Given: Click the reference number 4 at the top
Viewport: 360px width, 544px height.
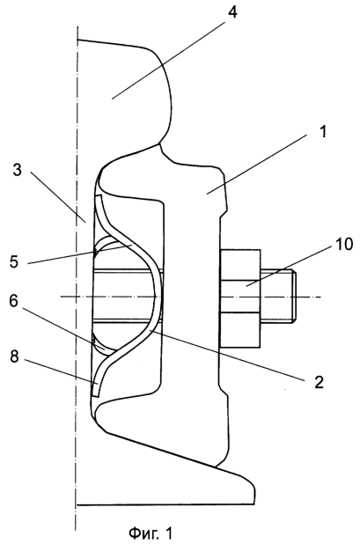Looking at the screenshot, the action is tap(232, 12).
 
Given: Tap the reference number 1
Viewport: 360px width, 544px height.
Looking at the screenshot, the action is tap(323, 131).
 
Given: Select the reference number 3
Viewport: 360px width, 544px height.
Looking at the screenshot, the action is tap(18, 171).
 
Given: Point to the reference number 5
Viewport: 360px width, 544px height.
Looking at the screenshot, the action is tap(14, 261).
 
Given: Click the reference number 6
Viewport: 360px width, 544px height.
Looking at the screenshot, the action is tap(14, 301).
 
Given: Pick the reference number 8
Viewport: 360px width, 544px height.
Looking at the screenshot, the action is tap(14, 357).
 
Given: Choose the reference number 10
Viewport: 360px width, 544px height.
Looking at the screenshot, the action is tap(343, 244).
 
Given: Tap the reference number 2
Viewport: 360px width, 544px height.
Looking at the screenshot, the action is tap(319, 382).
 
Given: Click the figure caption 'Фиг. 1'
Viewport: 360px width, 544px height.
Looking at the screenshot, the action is tap(151, 533).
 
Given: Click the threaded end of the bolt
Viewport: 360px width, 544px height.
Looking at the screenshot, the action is tap(278, 297).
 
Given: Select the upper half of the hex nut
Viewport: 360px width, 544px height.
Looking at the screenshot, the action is tap(240, 265).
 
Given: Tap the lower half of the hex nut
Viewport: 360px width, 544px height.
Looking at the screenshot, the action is tap(240, 329).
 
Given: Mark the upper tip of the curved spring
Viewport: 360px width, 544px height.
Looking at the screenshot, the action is tap(98, 197).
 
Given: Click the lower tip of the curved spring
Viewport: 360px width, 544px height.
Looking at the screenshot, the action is tap(95, 393).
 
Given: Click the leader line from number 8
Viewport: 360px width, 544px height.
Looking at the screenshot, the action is tap(62, 372).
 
